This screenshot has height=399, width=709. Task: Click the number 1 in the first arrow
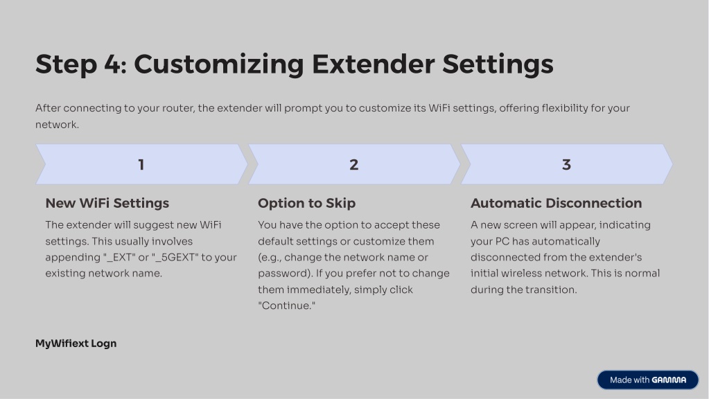click(141, 164)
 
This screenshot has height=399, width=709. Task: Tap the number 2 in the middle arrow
click(353, 164)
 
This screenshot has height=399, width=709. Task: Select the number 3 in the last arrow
click(566, 164)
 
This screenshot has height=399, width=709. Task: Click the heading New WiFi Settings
click(107, 203)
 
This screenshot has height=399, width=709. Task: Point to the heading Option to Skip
click(306, 204)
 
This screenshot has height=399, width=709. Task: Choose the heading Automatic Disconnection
click(556, 203)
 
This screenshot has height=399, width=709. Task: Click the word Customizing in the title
click(219, 64)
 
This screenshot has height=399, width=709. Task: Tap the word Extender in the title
click(374, 64)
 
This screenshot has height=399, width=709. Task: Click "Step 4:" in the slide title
click(81, 64)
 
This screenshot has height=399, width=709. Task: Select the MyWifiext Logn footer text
click(76, 344)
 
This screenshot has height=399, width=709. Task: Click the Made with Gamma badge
click(647, 380)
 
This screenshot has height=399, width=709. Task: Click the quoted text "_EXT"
click(119, 257)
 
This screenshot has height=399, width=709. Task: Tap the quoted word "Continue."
click(287, 305)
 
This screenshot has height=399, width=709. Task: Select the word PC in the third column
click(502, 241)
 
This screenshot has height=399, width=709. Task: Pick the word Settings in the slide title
click(498, 64)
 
